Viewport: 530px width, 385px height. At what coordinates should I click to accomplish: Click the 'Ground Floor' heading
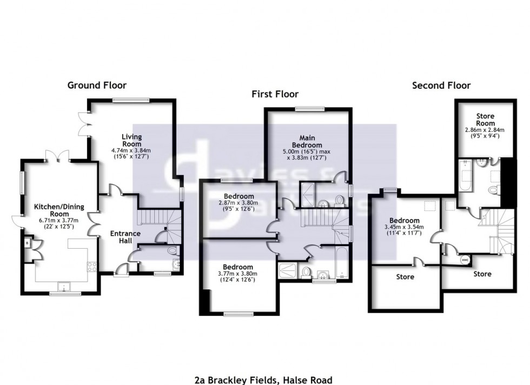97,85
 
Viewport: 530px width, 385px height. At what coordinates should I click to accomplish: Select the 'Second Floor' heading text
441,85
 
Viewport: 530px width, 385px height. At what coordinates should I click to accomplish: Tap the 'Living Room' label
131,140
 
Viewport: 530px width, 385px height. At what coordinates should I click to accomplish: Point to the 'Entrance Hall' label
125,237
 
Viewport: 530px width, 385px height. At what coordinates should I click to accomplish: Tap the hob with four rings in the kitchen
91,266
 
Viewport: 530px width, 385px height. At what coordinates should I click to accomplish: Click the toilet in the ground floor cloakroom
171,250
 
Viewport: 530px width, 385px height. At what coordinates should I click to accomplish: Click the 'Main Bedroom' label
307,141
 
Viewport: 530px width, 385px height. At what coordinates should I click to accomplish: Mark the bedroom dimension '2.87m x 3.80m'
238,203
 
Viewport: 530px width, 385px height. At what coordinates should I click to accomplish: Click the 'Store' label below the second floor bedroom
405,277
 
